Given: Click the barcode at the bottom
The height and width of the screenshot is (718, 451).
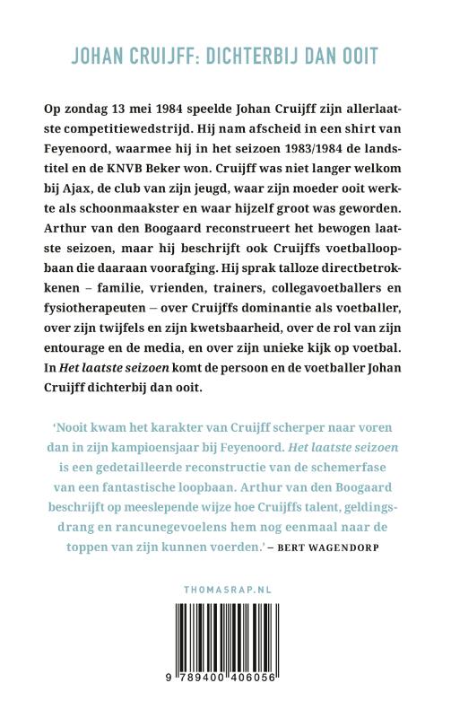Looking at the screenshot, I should pyautogui.click(x=225, y=662).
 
